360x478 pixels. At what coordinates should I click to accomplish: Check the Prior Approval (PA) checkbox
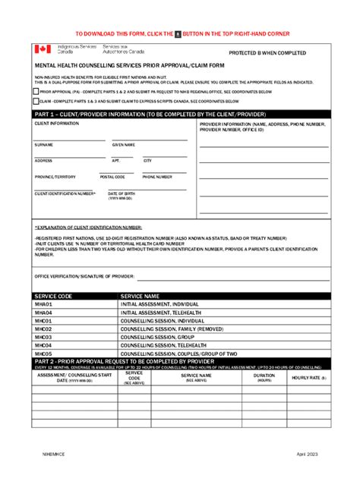coord(36,91)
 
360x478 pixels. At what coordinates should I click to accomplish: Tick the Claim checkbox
coord(36,100)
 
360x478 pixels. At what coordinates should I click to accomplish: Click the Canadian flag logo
coord(42,49)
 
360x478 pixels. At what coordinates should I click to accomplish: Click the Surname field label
coord(43,144)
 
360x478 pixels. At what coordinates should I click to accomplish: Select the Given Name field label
coord(123,144)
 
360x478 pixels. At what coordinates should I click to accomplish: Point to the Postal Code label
coord(112,177)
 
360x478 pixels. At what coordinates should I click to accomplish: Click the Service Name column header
coord(141,296)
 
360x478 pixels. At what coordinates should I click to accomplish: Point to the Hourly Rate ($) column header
coord(308,377)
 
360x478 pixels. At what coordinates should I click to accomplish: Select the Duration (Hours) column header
coord(264,376)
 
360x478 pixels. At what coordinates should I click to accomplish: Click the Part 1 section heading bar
coord(181,114)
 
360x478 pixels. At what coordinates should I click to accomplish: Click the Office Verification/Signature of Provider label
coord(84,277)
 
